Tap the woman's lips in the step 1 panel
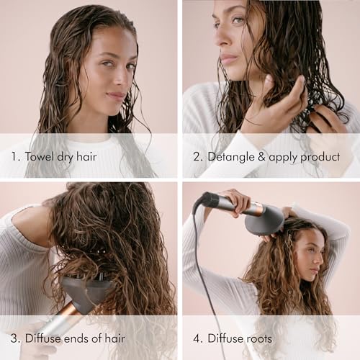[x=114, y=95]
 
